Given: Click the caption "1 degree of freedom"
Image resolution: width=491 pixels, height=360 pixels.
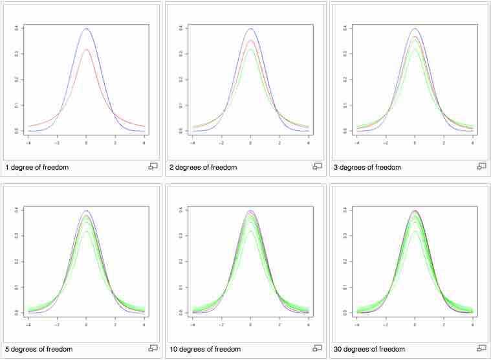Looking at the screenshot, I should pos(37,168).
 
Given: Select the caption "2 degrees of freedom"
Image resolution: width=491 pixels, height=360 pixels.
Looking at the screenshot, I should pos(203,168).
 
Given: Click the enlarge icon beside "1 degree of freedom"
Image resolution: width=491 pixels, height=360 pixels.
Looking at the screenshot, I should pos(153,166).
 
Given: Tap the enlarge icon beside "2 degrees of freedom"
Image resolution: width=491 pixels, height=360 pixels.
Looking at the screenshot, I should pos(318,166).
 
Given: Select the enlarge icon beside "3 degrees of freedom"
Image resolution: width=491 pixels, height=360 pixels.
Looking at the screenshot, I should pos(481,166).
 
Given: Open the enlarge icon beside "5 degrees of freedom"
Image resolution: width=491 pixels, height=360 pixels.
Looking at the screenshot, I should pos(153,348).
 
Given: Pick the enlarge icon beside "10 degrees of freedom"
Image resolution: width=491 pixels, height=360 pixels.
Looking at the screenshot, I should pos(318,348).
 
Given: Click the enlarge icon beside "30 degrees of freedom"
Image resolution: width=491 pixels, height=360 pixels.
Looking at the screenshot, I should pos(481,348).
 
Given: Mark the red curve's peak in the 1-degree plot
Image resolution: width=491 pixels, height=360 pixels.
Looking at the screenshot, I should pos(86,49).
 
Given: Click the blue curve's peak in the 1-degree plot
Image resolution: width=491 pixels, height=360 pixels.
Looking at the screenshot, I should pos(86,28).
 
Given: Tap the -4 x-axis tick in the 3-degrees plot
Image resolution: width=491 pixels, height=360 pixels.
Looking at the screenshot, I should pos(357,142).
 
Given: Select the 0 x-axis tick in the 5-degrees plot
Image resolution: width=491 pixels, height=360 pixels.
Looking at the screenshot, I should pos(86,324).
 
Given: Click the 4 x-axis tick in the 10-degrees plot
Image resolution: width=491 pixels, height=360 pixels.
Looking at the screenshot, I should pos(308,324).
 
